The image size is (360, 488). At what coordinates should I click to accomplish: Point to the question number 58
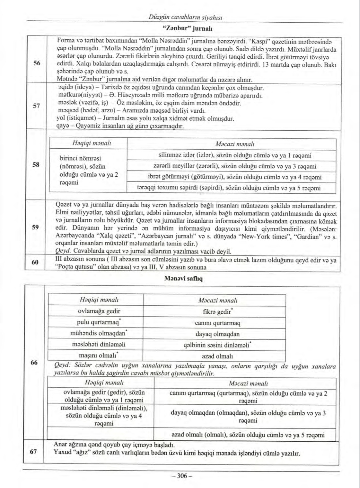click(x=37, y=164)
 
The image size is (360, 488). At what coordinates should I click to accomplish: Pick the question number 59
click(x=35, y=227)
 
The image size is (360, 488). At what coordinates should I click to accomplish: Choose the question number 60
click(x=35, y=262)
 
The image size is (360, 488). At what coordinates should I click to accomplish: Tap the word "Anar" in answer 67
click(x=60, y=445)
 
